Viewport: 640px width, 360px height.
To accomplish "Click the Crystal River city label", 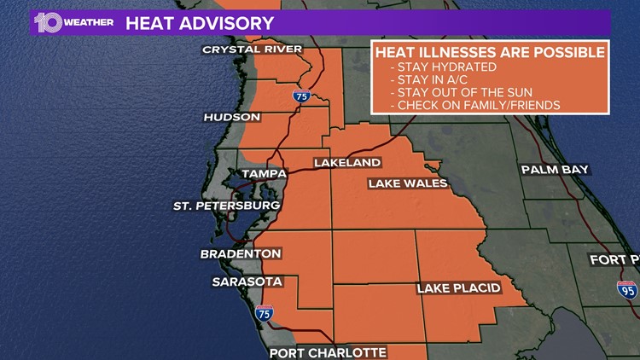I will [x=252, y=49].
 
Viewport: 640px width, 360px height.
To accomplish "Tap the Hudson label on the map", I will [x=231, y=117].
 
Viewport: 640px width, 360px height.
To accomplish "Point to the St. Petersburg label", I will [x=226, y=206].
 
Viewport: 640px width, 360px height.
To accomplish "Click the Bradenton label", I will [x=241, y=254].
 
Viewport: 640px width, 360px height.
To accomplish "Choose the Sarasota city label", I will [x=247, y=282].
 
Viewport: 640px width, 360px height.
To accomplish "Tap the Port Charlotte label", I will [x=328, y=352].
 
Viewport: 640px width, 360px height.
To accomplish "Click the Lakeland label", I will [x=346, y=162].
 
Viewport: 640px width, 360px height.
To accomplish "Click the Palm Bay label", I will [x=555, y=170].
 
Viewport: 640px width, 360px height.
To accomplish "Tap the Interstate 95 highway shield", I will [x=627, y=289].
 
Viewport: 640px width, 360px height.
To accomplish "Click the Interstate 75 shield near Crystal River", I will [x=301, y=96].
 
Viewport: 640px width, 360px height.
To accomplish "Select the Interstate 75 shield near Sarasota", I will [x=264, y=312].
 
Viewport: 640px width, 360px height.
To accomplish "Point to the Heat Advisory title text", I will [x=200, y=23].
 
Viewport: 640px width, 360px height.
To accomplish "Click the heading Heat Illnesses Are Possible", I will [x=490, y=53].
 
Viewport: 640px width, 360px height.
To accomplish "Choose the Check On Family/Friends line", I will [x=474, y=106].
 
